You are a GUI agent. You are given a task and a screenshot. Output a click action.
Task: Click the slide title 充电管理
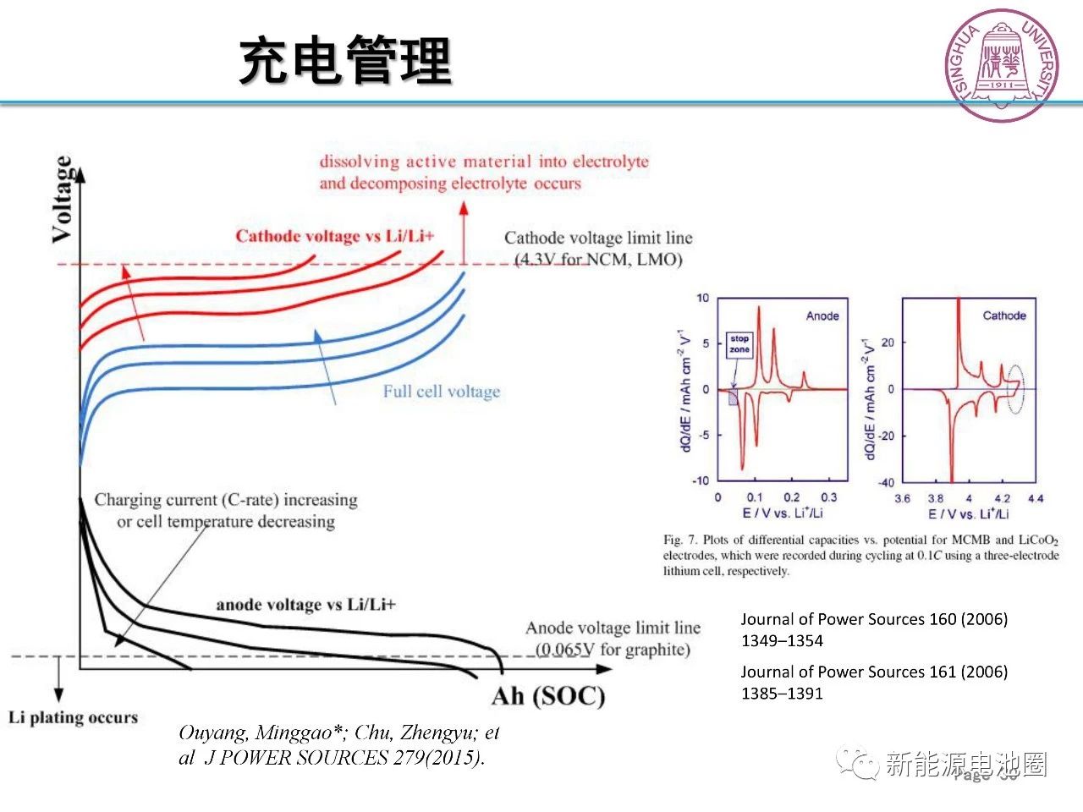[x=345, y=61]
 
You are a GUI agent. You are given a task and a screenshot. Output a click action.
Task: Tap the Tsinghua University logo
[x=1002, y=65]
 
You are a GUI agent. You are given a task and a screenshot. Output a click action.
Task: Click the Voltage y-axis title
[x=62, y=200]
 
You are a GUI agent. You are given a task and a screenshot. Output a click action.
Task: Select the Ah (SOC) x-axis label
[x=548, y=696]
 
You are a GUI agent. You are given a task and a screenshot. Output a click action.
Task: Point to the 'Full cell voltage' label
[x=441, y=392]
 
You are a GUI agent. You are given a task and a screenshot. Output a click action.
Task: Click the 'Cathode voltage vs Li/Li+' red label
[x=334, y=236]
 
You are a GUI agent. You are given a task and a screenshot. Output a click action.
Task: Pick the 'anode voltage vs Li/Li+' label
[x=305, y=604]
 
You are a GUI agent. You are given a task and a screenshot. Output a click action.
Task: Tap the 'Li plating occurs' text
[x=73, y=717]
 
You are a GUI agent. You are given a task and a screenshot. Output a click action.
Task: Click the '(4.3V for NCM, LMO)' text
[x=598, y=259]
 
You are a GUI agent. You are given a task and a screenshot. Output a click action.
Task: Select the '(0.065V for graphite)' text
[x=613, y=650]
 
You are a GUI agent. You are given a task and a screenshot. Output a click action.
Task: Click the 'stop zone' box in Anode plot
[x=739, y=344]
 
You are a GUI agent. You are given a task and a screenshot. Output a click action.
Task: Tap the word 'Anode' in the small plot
[x=822, y=315]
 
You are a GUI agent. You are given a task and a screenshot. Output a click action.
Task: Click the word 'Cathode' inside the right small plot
[x=1004, y=315]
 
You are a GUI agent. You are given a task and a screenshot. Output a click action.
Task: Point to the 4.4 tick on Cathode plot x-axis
[x=1036, y=498]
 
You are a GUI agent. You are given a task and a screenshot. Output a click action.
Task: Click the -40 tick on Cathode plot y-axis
[x=885, y=482]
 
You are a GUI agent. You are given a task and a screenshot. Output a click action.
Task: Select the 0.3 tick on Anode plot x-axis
[x=828, y=497]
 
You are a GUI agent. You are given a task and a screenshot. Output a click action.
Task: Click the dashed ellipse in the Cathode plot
[x=1014, y=389]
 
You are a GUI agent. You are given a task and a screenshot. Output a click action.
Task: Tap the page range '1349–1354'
[x=782, y=640]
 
